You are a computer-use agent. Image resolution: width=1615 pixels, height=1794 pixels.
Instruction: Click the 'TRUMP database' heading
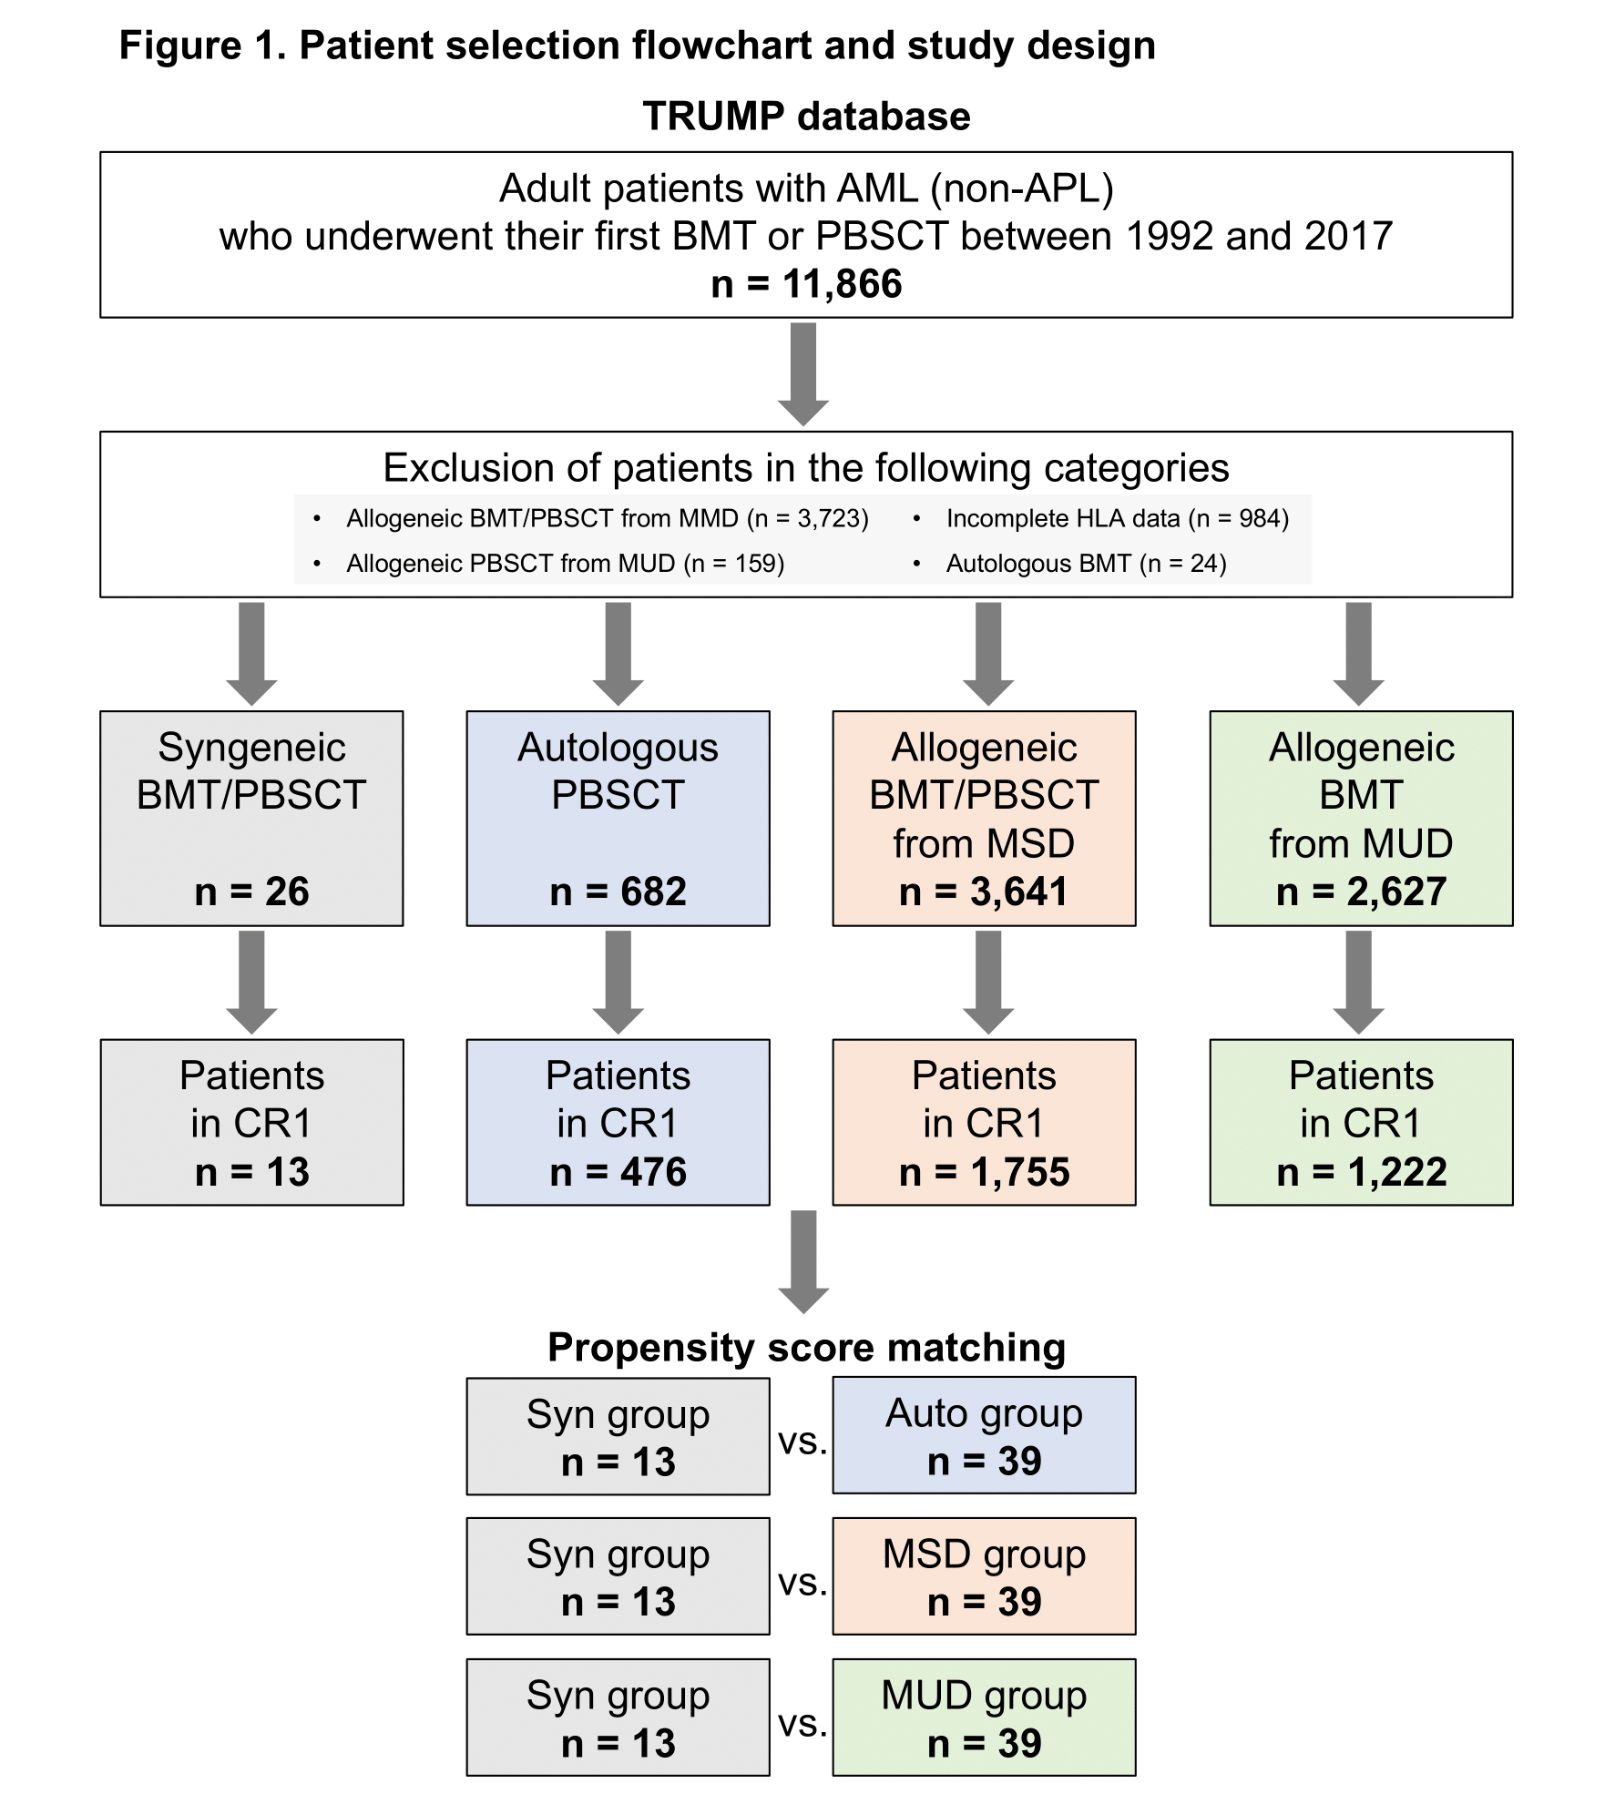click(806, 117)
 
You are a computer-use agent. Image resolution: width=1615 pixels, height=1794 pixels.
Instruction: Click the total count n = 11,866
click(806, 284)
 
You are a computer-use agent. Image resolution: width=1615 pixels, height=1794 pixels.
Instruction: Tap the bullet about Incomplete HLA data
click(1117, 519)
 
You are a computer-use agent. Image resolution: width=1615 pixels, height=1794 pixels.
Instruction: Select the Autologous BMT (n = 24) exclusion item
click(1086, 564)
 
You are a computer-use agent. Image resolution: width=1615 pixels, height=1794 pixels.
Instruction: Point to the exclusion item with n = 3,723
click(607, 519)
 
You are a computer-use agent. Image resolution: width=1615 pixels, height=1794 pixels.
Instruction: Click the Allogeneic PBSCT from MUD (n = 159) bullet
click(565, 564)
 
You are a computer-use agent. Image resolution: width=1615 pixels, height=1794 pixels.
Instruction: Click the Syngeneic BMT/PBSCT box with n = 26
click(251, 818)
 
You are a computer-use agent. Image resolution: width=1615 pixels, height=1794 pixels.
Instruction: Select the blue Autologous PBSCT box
click(618, 818)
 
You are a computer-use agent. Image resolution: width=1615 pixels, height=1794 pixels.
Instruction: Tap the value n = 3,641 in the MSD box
click(984, 892)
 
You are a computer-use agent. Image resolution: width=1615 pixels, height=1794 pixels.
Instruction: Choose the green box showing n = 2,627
click(1361, 818)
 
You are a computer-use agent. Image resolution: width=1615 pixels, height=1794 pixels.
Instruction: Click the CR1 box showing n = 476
click(618, 1122)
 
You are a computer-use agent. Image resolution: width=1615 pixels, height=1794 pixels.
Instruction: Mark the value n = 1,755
click(984, 1172)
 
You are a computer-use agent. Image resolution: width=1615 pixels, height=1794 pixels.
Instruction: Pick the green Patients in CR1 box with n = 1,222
click(1361, 1122)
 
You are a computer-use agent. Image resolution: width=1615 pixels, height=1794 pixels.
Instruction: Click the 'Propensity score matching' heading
click(806, 1348)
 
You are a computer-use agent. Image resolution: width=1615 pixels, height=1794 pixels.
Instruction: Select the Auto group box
click(984, 1436)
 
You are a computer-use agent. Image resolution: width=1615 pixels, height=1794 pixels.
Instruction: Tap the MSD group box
click(984, 1576)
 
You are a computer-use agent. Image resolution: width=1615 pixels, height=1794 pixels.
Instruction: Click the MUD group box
click(984, 1718)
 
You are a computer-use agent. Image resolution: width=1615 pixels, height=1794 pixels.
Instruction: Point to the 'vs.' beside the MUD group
click(802, 1724)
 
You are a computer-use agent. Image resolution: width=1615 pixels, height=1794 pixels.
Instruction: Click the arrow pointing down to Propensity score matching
click(803, 1260)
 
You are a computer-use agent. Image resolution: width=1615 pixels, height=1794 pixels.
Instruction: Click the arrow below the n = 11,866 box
click(803, 373)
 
